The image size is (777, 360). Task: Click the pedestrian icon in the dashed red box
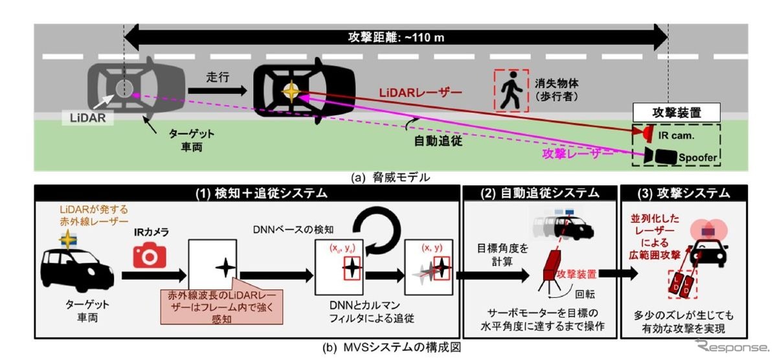pyautogui.click(x=512, y=89)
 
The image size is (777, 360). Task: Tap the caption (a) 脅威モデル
pyautogui.click(x=389, y=175)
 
